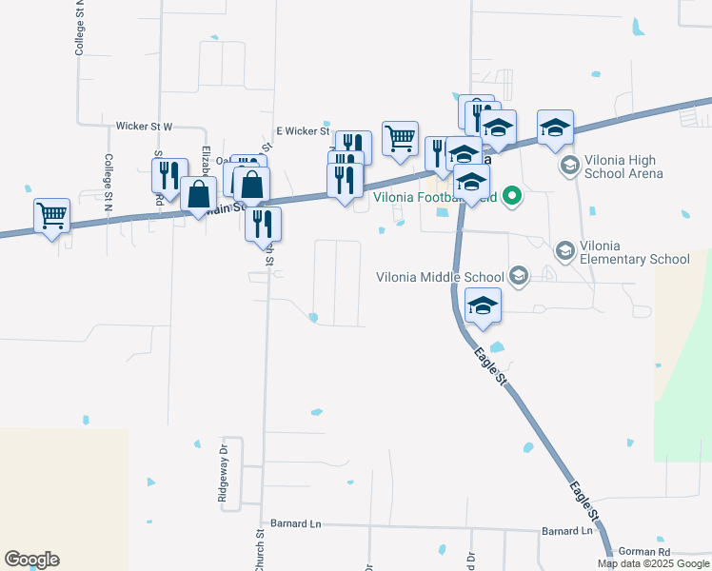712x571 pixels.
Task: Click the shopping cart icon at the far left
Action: click(x=51, y=215)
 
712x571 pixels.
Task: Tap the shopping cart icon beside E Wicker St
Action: click(x=400, y=138)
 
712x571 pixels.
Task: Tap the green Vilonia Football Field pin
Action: click(x=512, y=197)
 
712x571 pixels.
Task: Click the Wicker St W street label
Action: click(x=144, y=126)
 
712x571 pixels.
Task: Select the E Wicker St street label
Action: click(x=302, y=131)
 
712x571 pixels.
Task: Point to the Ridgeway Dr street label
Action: click(x=223, y=473)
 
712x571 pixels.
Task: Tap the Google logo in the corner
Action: click(x=31, y=560)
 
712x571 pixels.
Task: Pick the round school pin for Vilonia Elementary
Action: click(x=564, y=250)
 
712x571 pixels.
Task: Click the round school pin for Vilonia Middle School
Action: click(x=518, y=276)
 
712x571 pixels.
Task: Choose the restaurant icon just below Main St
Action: click(x=263, y=224)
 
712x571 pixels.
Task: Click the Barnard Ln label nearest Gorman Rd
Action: click(x=566, y=530)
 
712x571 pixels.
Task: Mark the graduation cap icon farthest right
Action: click(x=555, y=128)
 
